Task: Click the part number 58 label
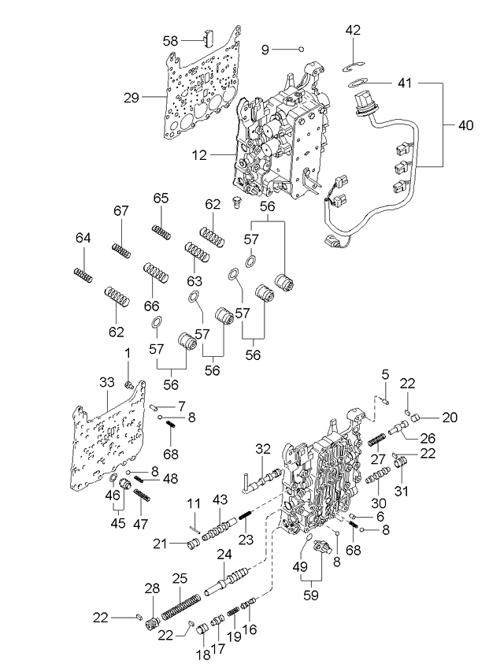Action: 170,41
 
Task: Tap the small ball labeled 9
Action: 301,49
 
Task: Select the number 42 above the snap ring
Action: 353,30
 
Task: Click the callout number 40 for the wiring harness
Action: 465,125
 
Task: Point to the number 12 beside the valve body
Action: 199,155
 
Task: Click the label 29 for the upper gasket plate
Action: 132,98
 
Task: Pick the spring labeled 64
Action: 83,275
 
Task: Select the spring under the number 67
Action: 121,250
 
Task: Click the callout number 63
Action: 194,281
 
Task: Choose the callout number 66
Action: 151,306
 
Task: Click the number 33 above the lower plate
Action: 107,382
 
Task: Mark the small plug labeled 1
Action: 129,385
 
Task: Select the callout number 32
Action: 263,448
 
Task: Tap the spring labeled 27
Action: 376,440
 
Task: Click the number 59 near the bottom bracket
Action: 311,595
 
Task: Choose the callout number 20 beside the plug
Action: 450,417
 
